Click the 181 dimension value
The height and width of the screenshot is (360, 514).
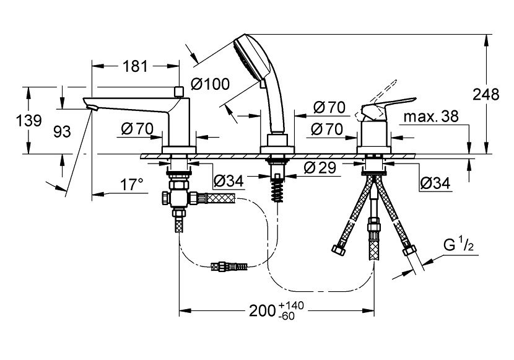coord(135,66)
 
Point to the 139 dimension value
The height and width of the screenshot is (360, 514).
coord(29,120)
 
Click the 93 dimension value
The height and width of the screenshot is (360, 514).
coord(61,131)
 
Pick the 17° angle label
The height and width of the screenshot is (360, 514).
coord(131,184)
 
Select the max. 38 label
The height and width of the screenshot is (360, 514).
coord(431,117)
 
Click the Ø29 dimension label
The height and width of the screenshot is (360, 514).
coord(320,167)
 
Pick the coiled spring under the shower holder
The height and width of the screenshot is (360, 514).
coord(277,184)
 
